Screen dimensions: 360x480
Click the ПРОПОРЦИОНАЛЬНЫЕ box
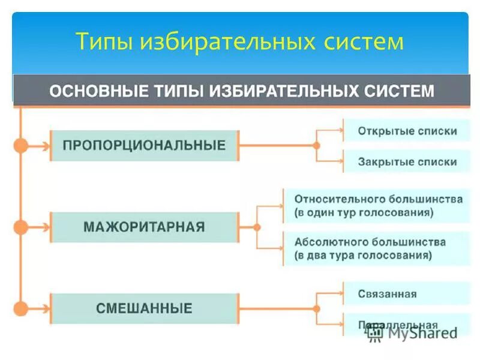(x=144, y=145)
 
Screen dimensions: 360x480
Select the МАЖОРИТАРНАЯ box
(x=144, y=227)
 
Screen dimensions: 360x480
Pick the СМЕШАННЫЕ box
(x=144, y=309)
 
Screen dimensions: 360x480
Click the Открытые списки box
(x=407, y=131)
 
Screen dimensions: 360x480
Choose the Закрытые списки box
(x=407, y=162)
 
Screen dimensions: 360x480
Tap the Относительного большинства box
(x=378, y=205)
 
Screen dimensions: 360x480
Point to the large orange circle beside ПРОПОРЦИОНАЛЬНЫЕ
(x=21, y=145)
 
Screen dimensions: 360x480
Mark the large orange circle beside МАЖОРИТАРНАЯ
(x=21, y=227)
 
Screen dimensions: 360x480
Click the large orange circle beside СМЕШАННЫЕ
(x=21, y=309)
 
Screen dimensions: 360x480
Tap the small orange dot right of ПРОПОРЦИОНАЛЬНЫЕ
(x=317, y=145)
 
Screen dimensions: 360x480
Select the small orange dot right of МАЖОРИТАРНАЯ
(x=257, y=227)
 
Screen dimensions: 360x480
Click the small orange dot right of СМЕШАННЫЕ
(x=317, y=309)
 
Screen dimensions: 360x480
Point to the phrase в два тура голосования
(x=364, y=255)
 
